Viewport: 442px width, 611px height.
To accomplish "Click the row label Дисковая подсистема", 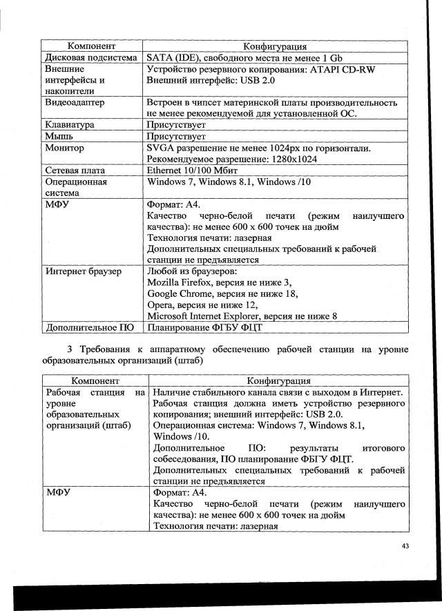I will (90, 58).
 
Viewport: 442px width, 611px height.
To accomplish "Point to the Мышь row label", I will (60, 136).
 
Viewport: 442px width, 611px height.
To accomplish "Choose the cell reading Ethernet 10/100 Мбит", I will (195, 170).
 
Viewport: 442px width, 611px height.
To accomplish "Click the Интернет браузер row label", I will (84, 271).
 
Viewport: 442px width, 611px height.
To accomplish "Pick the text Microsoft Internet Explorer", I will (207, 316).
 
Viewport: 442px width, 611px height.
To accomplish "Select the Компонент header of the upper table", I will (90, 46).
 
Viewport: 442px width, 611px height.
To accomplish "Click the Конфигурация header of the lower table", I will (278, 380).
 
